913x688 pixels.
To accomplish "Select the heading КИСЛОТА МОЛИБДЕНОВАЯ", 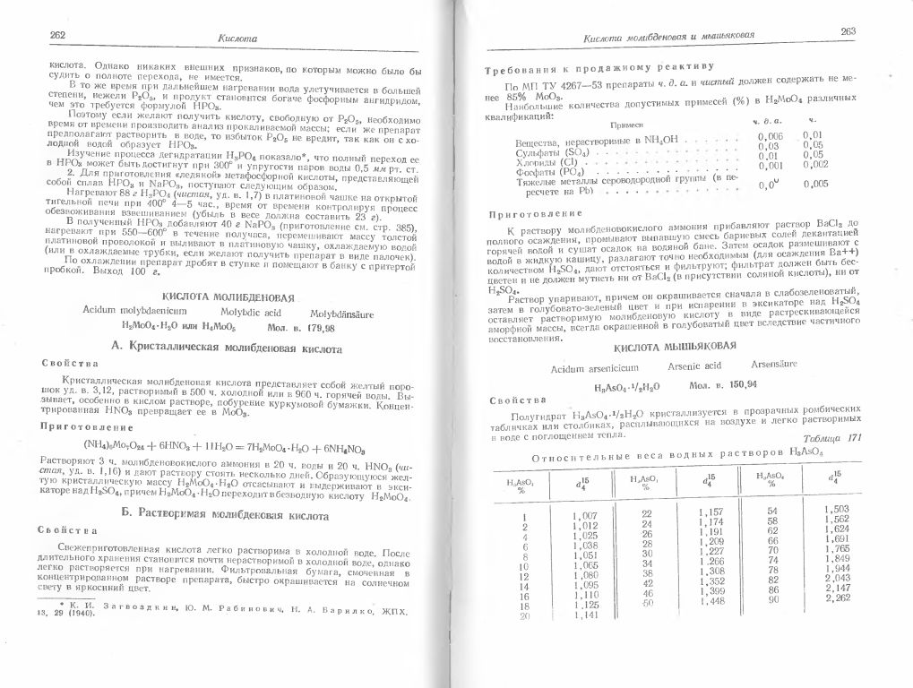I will tap(236, 295).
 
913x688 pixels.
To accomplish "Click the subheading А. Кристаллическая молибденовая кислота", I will tap(235, 346).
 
